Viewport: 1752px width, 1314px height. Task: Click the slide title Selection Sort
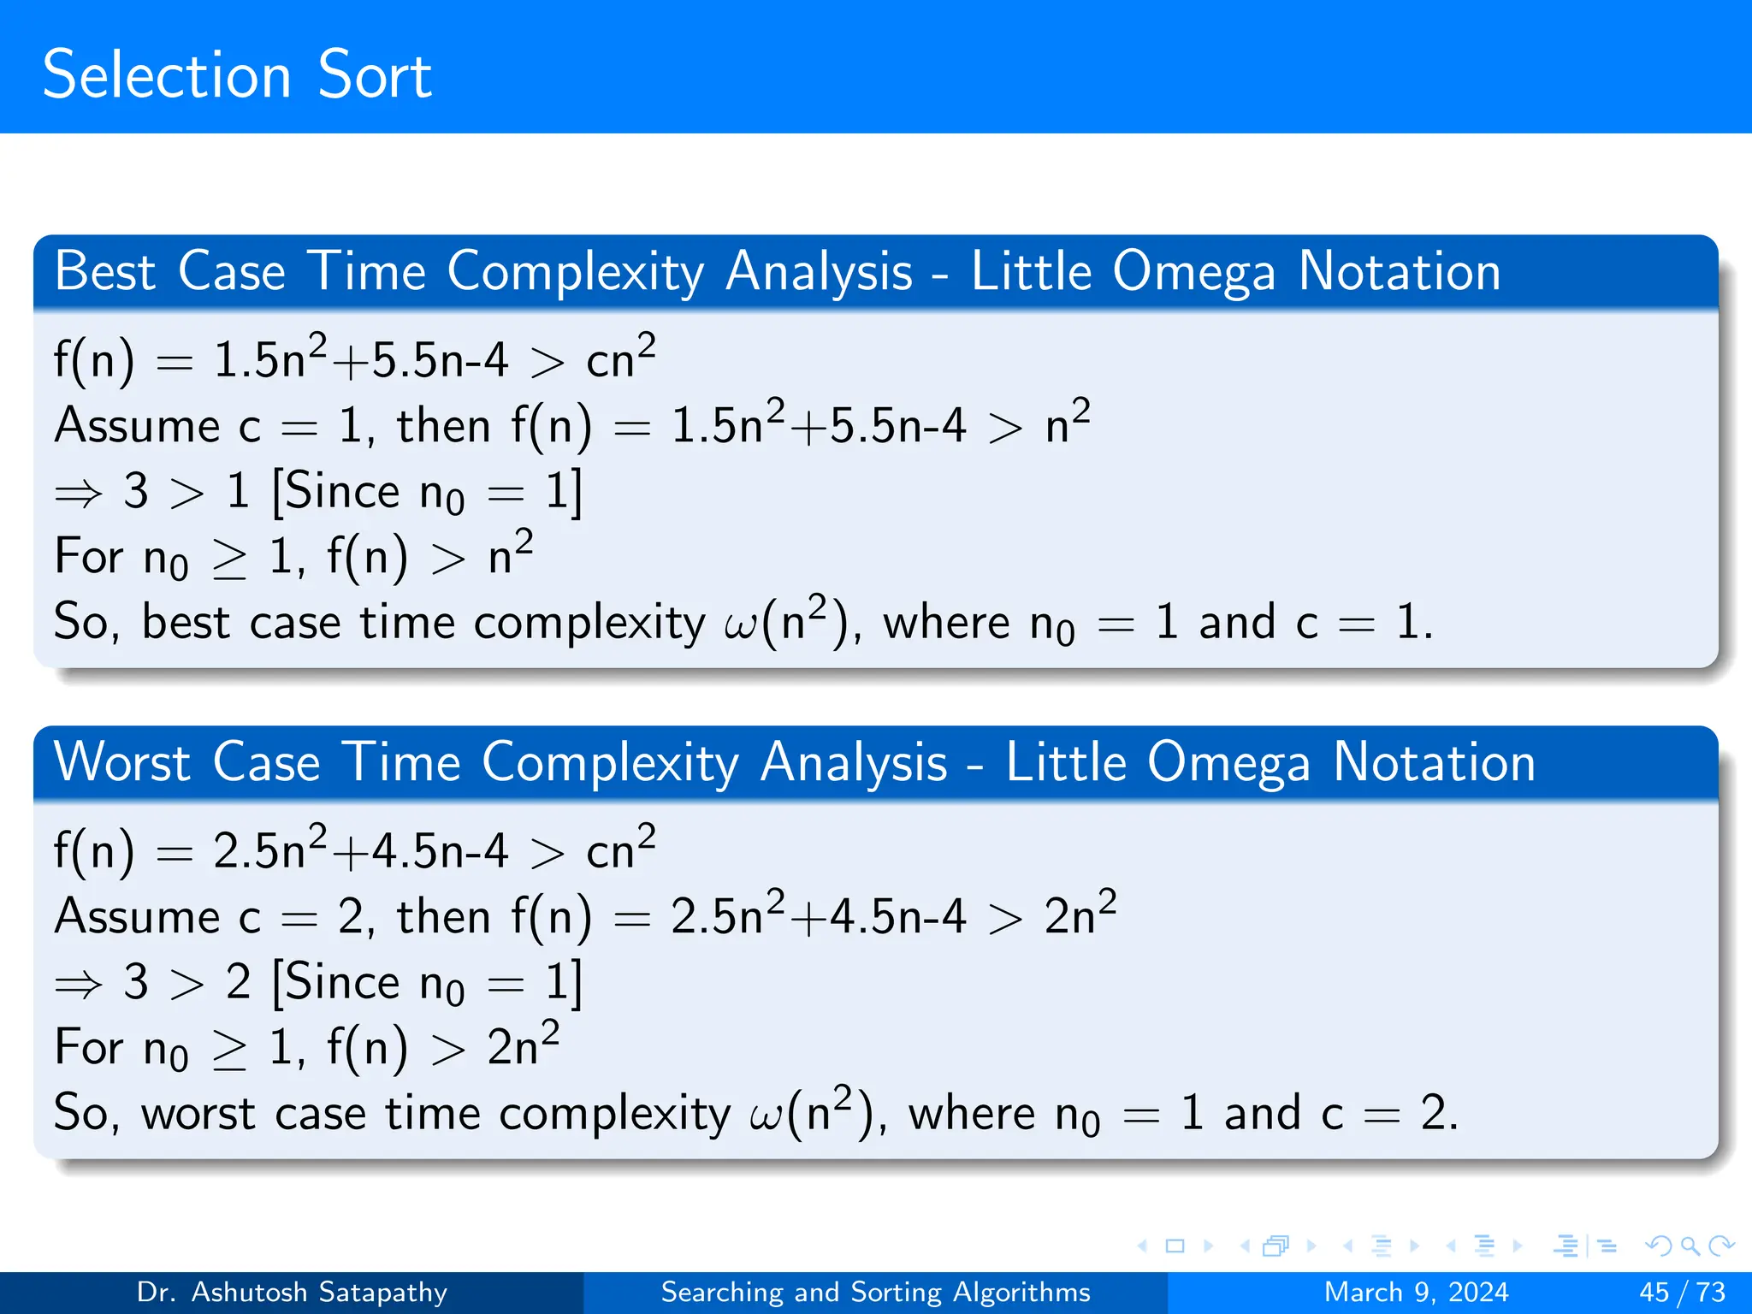[x=237, y=75]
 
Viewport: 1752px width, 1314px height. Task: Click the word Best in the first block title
[x=104, y=272]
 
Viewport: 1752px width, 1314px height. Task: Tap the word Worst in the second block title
[x=121, y=762]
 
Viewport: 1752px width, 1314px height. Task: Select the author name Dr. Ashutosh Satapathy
[x=292, y=1292]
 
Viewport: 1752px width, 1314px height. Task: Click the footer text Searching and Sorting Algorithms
[x=875, y=1292]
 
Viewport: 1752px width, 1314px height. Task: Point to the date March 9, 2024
[x=1416, y=1292]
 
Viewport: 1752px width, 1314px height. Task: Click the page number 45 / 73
[x=1682, y=1292]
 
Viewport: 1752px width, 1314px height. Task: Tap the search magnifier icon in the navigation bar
[x=1690, y=1246]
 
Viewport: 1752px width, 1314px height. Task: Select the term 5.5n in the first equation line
[x=417, y=360]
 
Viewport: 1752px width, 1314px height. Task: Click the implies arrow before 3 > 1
[x=78, y=494]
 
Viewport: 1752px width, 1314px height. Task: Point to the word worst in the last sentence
[x=198, y=1115]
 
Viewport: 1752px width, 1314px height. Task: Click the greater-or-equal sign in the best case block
[x=229, y=560]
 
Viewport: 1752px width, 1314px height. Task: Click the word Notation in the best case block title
[x=1400, y=272]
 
